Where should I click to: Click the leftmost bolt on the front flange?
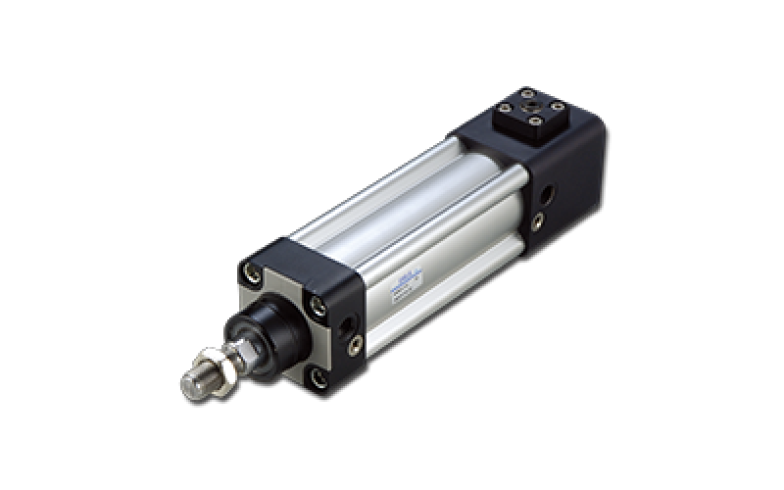pos(255,273)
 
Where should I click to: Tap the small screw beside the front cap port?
pos(355,343)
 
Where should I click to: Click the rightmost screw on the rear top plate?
pos(557,106)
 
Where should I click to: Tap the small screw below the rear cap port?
pos(536,221)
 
